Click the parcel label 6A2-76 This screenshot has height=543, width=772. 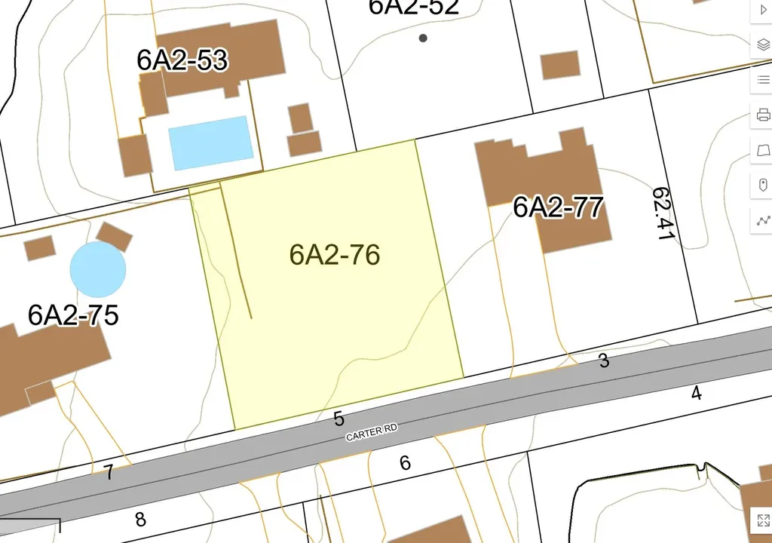coord(334,255)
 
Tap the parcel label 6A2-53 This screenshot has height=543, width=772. coord(182,60)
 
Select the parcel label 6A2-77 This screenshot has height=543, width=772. coord(558,206)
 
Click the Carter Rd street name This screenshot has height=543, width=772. coord(371,432)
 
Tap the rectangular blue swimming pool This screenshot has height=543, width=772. coord(210,143)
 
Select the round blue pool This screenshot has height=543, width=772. coord(98,269)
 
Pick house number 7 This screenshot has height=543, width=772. coord(109,473)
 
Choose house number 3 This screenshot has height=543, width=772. coord(604,361)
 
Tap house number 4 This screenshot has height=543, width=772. coord(697,392)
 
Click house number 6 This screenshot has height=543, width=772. coord(405,462)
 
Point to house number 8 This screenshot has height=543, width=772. coord(140,519)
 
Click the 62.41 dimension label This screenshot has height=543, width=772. coord(663,214)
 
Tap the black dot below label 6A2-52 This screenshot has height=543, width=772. coord(423,38)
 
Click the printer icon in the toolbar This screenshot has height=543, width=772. coord(762,115)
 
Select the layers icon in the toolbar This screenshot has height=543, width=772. coord(762,44)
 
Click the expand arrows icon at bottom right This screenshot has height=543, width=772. coord(761,519)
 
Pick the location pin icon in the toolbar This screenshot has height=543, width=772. coord(762,185)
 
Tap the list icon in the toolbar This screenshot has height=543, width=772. coord(762,79)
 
